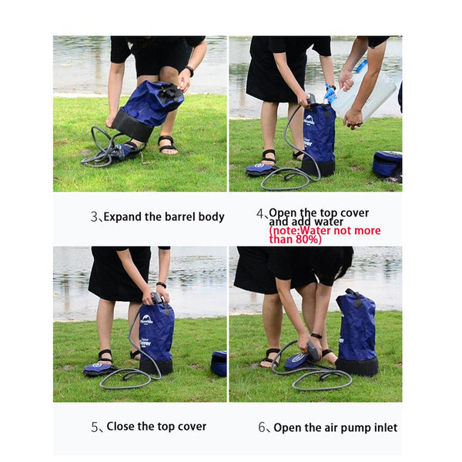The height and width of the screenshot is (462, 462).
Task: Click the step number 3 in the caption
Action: [93, 217]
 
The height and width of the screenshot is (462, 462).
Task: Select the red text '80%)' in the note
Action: [307, 239]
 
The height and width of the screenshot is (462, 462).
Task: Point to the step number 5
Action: [94, 427]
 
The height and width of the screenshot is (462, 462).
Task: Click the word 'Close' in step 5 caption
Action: [122, 427]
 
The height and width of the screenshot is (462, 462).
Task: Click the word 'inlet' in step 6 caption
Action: [385, 427]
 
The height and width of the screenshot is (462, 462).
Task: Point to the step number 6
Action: [261, 427]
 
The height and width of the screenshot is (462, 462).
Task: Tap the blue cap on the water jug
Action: [331, 94]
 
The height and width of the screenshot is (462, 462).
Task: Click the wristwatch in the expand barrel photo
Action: [189, 72]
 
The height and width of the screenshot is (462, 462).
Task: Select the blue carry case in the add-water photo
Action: [387, 163]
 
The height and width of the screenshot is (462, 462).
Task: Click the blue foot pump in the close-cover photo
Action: [100, 368]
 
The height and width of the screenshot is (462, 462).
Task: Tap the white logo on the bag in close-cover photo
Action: [146, 319]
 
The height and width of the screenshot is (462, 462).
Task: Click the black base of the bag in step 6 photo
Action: [357, 366]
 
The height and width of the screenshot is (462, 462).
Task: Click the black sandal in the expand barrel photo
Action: [167, 144]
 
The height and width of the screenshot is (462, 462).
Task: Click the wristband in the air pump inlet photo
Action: [316, 336]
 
